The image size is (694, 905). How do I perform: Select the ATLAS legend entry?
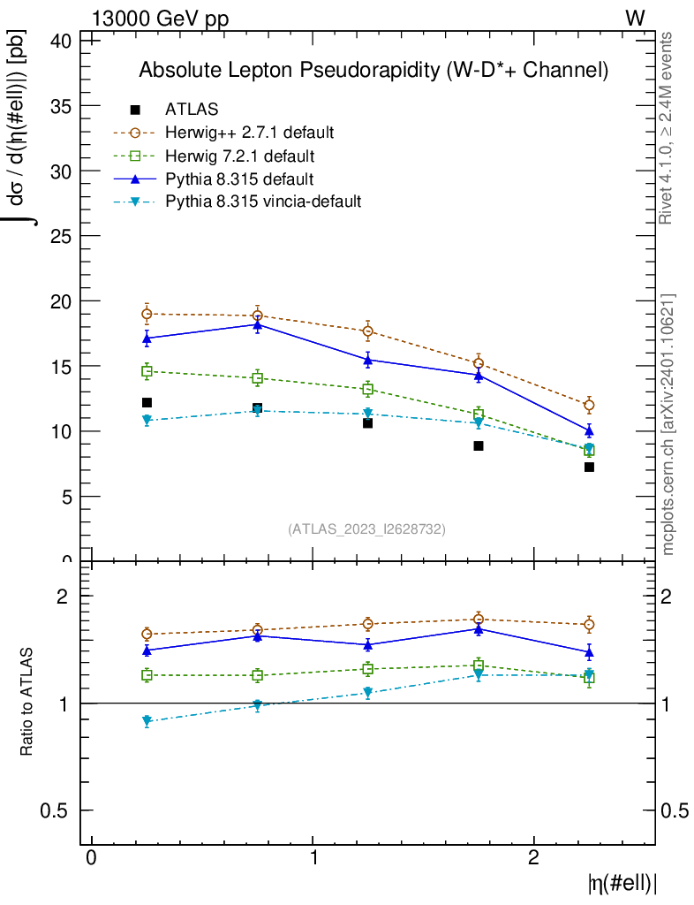point(192,110)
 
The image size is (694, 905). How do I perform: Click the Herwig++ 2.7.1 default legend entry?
point(249,133)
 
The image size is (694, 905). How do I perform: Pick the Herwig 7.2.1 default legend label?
point(239,156)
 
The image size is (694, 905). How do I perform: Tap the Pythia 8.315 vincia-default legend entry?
point(263,202)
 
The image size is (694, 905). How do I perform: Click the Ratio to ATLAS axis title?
point(27,702)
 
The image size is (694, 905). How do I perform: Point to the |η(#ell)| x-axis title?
point(622,883)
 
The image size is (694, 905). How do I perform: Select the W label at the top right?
point(635,19)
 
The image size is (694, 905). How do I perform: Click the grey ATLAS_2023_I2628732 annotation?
point(366,529)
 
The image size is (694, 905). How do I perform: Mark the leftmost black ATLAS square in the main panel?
point(147,403)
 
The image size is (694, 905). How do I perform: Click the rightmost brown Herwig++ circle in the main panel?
point(589,405)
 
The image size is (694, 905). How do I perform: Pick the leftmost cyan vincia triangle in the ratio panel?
point(147,722)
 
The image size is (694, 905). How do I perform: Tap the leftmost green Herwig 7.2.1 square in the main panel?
point(147,371)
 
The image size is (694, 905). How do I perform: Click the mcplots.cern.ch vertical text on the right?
point(668,424)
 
